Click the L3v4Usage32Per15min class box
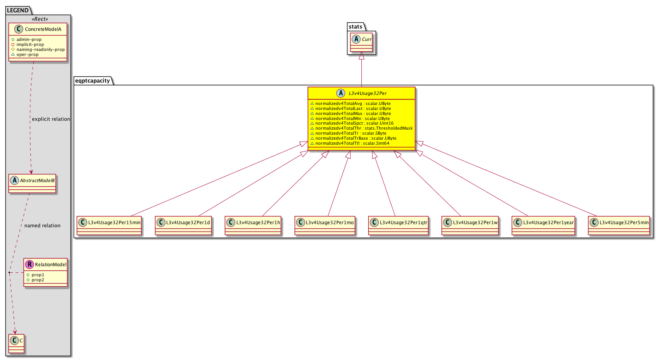[109, 226]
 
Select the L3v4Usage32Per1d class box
[183, 226]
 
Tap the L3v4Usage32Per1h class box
[253, 226]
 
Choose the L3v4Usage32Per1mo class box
[325, 226]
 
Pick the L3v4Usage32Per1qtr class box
[398, 226]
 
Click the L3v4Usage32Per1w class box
[470, 226]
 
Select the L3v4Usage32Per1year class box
[543, 226]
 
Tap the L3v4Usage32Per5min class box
[619, 226]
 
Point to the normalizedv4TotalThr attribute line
[361, 128]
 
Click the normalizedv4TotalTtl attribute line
[350, 143]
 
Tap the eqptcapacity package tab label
[93, 81]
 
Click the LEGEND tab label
[18, 10]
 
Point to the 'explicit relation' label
[51, 119]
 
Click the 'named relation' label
[42, 226]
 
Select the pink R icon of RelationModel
[30, 264]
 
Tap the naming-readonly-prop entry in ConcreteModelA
[40, 49]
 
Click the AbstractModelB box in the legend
[32, 183]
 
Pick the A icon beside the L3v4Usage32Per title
[341, 93]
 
